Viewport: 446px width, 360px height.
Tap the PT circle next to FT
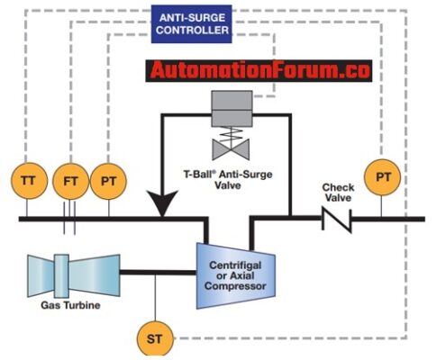(108, 180)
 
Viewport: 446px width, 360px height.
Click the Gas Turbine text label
(68, 305)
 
